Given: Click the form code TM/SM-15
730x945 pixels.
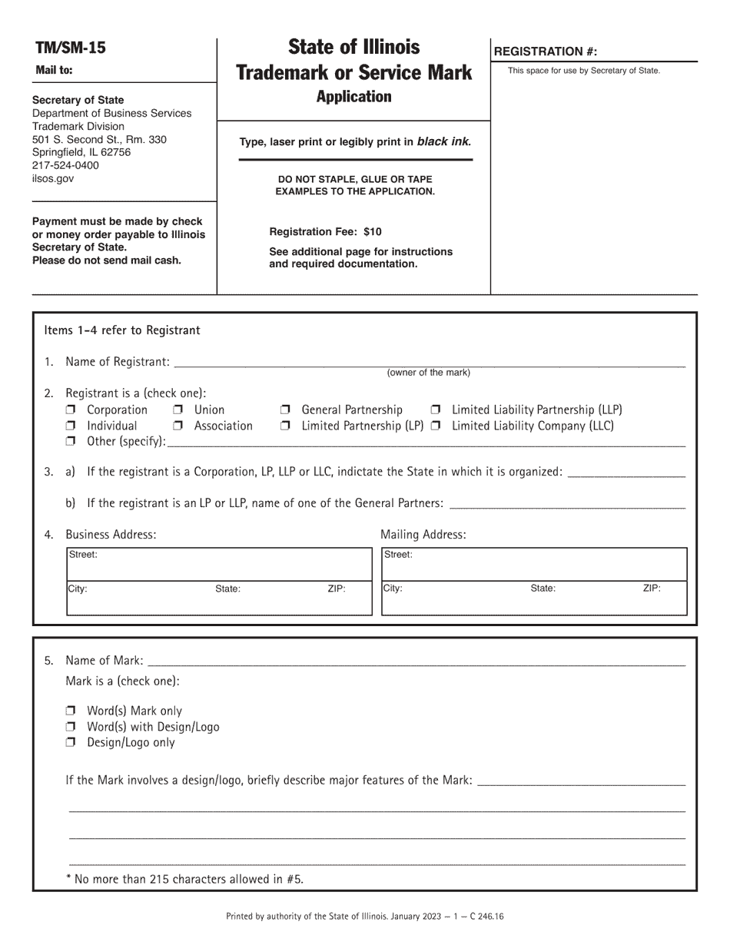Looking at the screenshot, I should click(x=71, y=48).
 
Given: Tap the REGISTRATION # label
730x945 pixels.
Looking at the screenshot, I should click(x=545, y=51).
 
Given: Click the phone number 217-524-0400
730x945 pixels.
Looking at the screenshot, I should click(x=65, y=165).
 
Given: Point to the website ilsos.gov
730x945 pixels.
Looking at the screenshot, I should click(x=53, y=178).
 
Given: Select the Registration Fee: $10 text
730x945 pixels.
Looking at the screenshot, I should click(x=325, y=232).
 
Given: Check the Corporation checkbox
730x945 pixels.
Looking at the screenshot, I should click(x=71, y=410).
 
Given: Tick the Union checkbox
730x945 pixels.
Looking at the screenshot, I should click(x=178, y=410).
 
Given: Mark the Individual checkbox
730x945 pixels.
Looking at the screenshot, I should click(x=71, y=426).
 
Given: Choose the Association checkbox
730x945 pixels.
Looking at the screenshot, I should click(x=178, y=426).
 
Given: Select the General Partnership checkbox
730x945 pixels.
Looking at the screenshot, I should click(x=285, y=410).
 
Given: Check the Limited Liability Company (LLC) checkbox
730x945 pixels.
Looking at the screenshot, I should click(x=436, y=426).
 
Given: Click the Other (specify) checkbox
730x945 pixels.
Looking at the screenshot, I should click(x=71, y=442).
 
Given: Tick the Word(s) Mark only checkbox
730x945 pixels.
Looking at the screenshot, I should click(x=71, y=711).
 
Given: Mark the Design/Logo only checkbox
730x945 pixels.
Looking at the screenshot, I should click(x=71, y=743).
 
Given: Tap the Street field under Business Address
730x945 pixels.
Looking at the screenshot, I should click(x=219, y=565).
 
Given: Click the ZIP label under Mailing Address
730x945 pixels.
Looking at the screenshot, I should click(x=651, y=589).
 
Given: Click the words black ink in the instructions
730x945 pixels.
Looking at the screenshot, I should click(x=444, y=142).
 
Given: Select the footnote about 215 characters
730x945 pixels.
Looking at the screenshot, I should click(x=184, y=879).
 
